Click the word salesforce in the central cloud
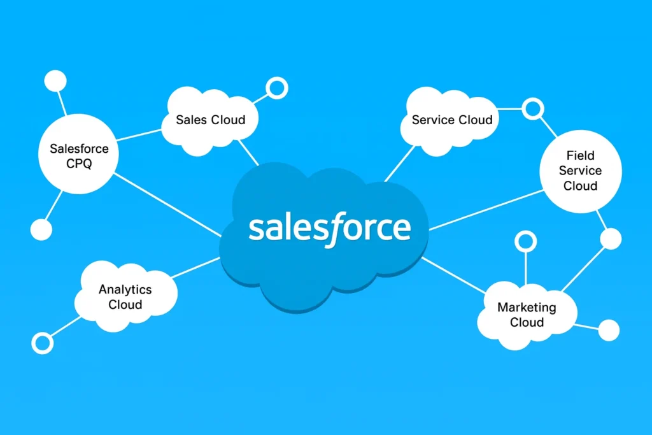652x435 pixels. click(329, 227)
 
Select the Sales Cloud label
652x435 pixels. click(210, 120)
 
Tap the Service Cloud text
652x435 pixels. click(451, 120)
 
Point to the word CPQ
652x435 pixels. click(79, 164)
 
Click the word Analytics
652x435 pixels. click(125, 289)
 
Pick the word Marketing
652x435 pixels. click(527, 307)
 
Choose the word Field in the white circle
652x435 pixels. click(580, 155)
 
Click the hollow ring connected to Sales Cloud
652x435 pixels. click(276, 88)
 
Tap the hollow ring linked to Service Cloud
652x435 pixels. click(532, 109)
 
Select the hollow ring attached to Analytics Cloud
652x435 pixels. click(43, 343)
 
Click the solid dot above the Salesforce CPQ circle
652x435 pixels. click(55, 82)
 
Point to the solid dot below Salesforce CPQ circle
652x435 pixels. click(41, 229)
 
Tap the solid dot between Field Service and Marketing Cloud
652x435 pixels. click(611, 239)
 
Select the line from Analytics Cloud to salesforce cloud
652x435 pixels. click(197, 267)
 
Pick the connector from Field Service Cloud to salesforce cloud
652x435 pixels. click(484, 211)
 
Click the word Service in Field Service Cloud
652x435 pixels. click(580, 171)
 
